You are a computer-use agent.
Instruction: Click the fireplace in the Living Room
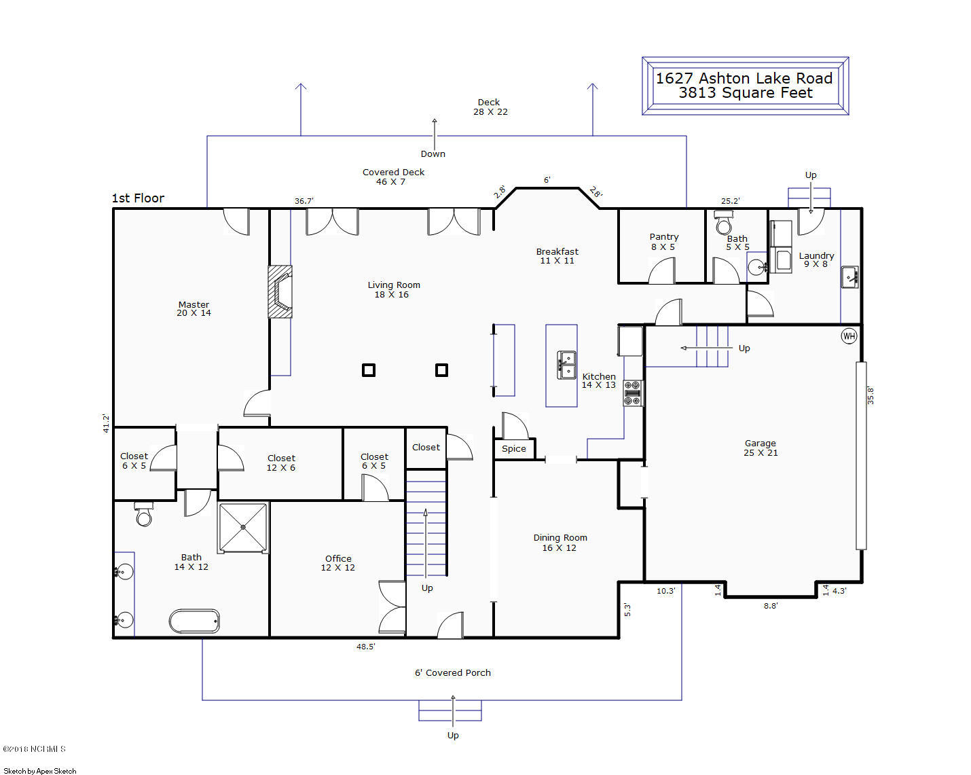tap(280, 291)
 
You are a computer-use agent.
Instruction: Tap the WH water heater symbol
tap(849, 336)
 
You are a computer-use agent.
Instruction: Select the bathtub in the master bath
tap(194, 621)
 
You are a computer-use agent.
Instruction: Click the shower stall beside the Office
tap(243, 527)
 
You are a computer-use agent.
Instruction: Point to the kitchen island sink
tap(566, 365)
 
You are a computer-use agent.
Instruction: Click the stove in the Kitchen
tap(633, 393)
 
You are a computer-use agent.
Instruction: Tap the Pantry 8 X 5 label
tap(663, 242)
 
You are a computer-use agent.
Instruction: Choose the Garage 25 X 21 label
tap(761, 448)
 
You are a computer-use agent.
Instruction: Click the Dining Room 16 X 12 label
tap(560, 543)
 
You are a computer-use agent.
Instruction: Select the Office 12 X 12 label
tap(338, 563)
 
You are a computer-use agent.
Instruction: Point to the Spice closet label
tap(514, 448)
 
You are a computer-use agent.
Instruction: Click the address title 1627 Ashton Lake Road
tap(744, 78)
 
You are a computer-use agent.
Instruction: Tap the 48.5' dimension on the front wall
tap(365, 647)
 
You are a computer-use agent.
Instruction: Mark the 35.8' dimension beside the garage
tap(871, 395)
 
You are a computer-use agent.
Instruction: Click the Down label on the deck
tap(433, 154)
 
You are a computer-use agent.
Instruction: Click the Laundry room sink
tap(849, 276)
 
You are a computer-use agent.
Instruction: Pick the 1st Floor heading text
tap(138, 198)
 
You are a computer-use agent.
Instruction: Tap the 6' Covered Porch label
tap(452, 672)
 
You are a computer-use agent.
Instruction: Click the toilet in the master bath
tap(143, 516)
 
